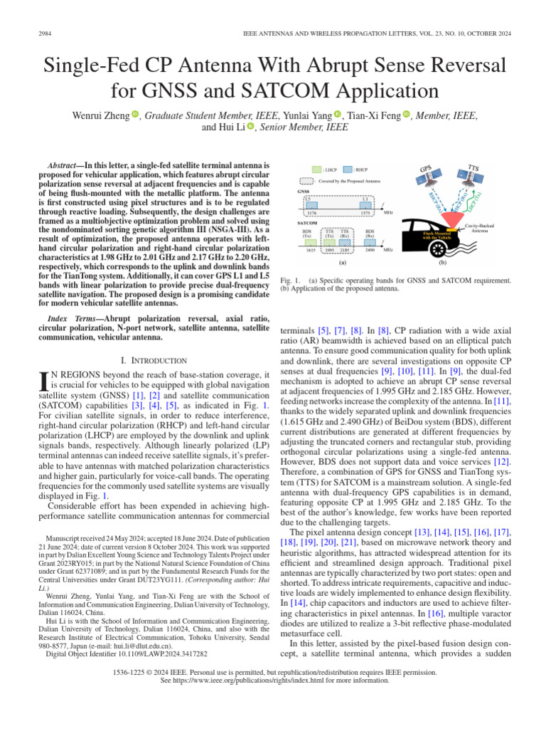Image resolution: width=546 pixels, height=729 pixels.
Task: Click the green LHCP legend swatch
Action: tap(319, 170)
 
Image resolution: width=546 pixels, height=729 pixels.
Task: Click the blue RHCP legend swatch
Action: tap(348, 170)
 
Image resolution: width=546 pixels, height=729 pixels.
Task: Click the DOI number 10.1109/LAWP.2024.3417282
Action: tap(164, 653)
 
